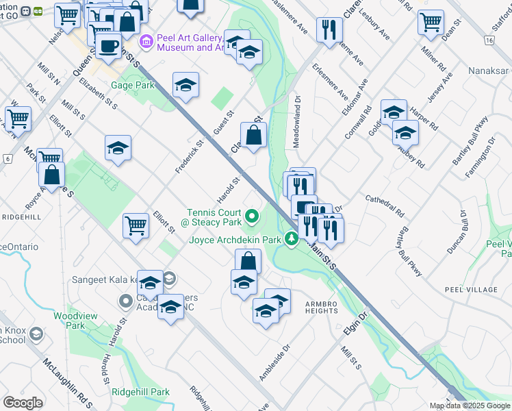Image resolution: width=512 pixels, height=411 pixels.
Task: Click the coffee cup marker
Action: coord(107,46)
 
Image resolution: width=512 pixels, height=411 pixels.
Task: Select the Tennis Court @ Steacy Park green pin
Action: coord(251,217)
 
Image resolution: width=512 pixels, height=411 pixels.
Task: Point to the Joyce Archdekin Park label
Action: coord(235,240)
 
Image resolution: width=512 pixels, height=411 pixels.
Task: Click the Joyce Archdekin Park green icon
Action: coord(292,238)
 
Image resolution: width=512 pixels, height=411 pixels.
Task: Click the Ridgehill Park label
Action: coord(140,393)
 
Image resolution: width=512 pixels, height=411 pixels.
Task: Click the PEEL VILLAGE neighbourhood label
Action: coord(471,290)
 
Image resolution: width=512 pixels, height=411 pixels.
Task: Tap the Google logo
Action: coord(23,403)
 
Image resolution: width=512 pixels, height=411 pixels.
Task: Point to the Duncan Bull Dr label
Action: coord(459,233)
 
